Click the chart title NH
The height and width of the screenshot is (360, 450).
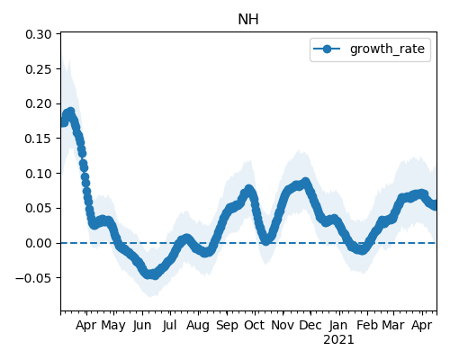point(248,20)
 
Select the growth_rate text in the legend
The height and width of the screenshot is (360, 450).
point(387,49)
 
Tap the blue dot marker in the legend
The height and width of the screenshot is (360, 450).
point(327,49)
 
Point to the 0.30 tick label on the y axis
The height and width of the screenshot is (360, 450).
point(39,34)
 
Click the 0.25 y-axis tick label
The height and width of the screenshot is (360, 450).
point(39,69)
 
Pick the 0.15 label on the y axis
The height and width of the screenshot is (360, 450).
point(39,139)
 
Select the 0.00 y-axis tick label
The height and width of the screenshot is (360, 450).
point(39,243)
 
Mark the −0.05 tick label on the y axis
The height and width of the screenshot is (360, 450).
point(33,278)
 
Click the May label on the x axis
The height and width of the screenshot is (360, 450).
point(113,325)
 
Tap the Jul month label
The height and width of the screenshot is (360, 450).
point(169,325)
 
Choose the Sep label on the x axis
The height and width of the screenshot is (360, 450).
point(227,325)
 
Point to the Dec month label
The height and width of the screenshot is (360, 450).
point(310,325)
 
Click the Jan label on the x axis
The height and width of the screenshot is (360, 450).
point(338,325)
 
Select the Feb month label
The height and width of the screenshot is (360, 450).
point(367,325)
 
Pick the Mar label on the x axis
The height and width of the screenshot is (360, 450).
point(393,325)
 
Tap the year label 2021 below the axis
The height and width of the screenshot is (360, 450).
point(338,340)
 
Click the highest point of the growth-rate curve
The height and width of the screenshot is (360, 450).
point(71,112)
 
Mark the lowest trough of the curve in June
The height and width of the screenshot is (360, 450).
point(155,275)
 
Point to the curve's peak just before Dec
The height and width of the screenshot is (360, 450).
point(306,182)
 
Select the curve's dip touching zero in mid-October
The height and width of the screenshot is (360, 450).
point(265,240)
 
